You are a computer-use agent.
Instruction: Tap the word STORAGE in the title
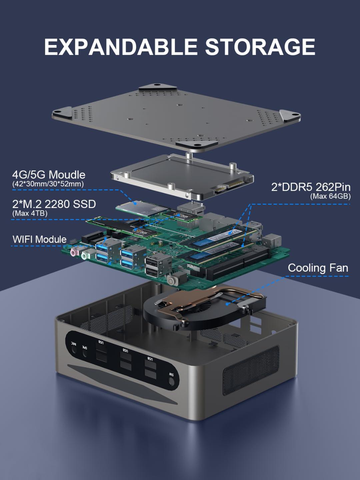point(260,47)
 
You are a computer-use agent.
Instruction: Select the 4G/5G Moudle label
point(49,175)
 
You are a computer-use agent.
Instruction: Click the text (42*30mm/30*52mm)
point(48,184)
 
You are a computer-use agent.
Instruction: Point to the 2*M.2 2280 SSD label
point(54,204)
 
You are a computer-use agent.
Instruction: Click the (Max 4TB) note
point(30,214)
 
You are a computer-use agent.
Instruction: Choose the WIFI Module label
point(39,239)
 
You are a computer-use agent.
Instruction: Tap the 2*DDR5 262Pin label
point(311,187)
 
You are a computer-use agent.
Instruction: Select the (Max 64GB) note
point(330,196)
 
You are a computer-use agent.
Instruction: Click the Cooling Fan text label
point(318,268)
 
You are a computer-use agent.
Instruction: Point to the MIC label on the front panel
point(73,343)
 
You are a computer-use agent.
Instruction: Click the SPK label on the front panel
point(85,347)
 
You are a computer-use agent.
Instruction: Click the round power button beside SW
point(171,382)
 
